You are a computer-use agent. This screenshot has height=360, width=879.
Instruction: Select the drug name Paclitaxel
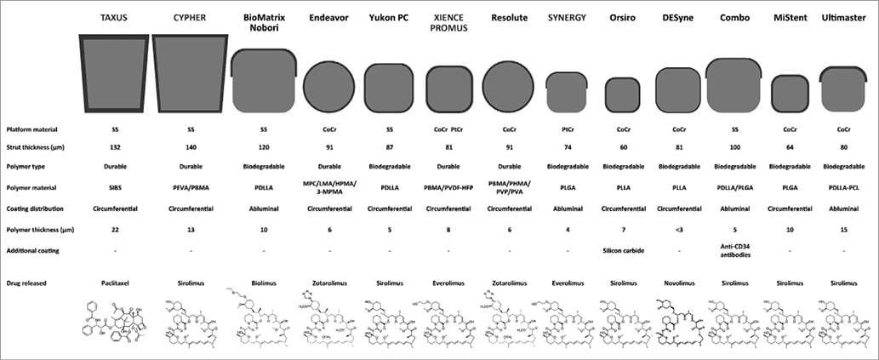coord(113,282)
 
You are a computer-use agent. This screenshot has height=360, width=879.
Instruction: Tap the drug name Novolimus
coord(677,282)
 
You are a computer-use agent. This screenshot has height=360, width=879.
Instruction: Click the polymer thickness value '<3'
coord(677,230)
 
